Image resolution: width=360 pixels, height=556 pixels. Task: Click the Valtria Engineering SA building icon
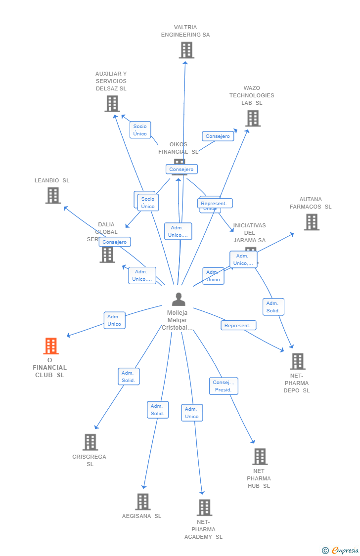click(186, 50)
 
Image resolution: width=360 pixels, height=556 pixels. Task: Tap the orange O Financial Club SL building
click(51, 346)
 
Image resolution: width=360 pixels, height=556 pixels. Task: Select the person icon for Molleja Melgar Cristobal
click(178, 299)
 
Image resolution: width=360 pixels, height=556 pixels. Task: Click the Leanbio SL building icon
click(53, 195)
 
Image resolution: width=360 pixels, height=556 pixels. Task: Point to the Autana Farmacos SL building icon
click(312, 222)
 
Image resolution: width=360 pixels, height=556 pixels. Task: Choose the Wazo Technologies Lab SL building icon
click(253, 118)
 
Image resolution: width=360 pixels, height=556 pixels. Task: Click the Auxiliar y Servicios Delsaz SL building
click(112, 103)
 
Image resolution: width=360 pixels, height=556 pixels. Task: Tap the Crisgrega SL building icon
click(90, 442)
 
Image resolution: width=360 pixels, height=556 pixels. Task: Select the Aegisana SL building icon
click(142, 502)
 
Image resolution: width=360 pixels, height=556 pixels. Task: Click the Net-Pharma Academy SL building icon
click(204, 507)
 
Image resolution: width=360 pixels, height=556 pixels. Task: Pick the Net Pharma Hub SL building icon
click(260, 456)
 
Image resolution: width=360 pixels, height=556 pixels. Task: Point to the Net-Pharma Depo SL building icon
click(297, 361)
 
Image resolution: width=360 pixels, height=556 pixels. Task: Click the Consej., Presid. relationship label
click(224, 386)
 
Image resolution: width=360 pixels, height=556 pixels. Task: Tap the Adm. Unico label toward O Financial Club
click(114, 320)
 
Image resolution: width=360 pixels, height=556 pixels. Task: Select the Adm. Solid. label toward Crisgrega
click(129, 377)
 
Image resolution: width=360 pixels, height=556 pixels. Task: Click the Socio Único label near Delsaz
click(140, 130)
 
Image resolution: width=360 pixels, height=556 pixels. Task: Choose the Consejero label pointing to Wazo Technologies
click(218, 136)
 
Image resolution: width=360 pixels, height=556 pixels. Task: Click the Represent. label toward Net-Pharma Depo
click(238, 325)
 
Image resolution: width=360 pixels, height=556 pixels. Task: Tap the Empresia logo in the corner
click(341, 550)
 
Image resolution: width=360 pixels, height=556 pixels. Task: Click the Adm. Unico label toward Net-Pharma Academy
click(192, 413)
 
